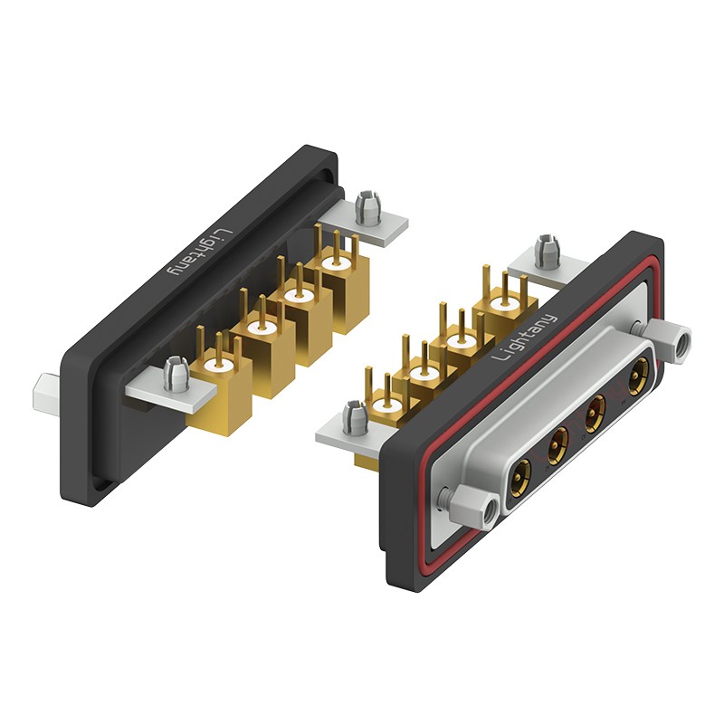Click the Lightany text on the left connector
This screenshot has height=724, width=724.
[201, 253]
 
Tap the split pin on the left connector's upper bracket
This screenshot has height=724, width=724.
[368, 208]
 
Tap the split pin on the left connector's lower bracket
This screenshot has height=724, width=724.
[176, 374]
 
